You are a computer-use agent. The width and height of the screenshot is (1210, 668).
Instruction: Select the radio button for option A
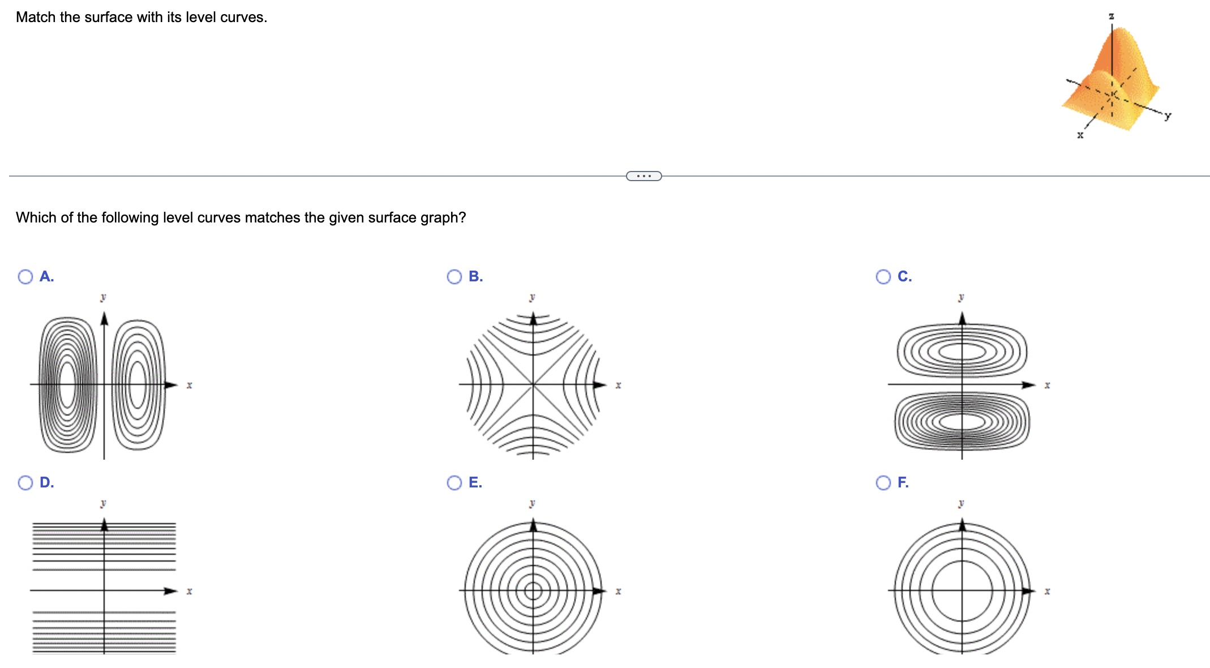click(25, 276)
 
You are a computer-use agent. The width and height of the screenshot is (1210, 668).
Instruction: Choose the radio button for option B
click(454, 276)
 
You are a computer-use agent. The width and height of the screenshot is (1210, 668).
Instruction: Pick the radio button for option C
click(883, 276)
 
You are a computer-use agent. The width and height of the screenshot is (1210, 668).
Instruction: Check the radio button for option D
click(25, 482)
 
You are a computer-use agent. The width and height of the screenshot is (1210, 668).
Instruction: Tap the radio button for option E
click(454, 482)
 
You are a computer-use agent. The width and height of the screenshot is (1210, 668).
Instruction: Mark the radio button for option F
click(883, 482)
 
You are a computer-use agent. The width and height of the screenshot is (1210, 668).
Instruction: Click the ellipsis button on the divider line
click(643, 176)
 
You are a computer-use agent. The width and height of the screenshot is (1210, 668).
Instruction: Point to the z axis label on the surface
click(1112, 16)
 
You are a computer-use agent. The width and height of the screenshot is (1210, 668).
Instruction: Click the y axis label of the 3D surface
click(1168, 115)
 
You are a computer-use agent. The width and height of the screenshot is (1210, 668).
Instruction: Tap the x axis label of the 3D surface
click(1080, 135)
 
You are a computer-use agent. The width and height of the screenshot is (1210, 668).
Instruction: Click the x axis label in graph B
click(618, 386)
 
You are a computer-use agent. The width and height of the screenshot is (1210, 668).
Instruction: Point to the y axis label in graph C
click(961, 297)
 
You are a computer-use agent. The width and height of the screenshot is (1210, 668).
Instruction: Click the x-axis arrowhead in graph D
click(170, 591)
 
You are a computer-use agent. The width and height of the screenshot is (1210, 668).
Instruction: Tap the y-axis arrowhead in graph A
click(104, 319)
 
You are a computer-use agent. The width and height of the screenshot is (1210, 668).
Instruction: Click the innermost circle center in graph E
click(533, 591)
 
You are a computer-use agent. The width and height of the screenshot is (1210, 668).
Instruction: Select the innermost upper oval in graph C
click(962, 352)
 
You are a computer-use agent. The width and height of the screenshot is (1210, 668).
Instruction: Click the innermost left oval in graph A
click(67, 385)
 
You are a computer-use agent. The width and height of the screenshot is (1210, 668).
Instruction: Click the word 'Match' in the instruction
click(36, 18)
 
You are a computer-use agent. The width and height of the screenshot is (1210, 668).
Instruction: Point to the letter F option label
click(903, 482)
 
